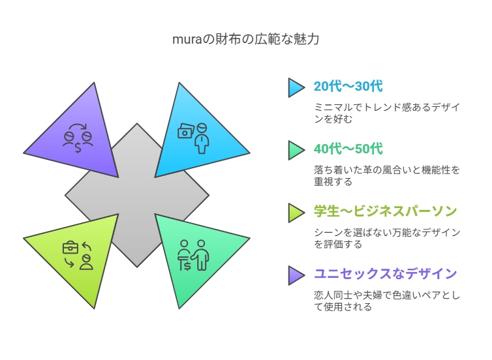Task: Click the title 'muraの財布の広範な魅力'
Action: [x=246, y=39]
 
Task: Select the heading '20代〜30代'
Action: [x=348, y=86]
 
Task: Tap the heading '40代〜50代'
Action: [x=348, y=149]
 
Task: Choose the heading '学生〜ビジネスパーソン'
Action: [x=386, y=211]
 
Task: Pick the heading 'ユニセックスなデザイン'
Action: [x=386, y=274]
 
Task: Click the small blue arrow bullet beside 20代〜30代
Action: [x=296, y=87]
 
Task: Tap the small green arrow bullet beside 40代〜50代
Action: [x=296, y=150]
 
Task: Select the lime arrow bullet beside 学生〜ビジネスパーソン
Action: [x=296, y=213]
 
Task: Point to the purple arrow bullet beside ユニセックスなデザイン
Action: [x=296, y=276]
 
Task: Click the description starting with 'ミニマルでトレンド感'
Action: [x=387, y=113]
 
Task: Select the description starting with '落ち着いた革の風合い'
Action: [x=387, y=175]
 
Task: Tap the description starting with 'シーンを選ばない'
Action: [x=387, y=238]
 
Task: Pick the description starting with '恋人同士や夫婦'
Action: [x=387, y=301]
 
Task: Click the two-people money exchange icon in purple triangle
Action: [x=78, y=138]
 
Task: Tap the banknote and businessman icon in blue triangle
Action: [x=193, y=138]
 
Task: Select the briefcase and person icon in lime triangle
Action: [x=78, y=255]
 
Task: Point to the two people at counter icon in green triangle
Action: [x=193, y=255]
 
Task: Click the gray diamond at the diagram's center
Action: [x=137, y=196]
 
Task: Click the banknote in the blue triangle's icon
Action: [x=186, y=131]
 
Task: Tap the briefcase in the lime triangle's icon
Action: [x=70, y=247]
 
